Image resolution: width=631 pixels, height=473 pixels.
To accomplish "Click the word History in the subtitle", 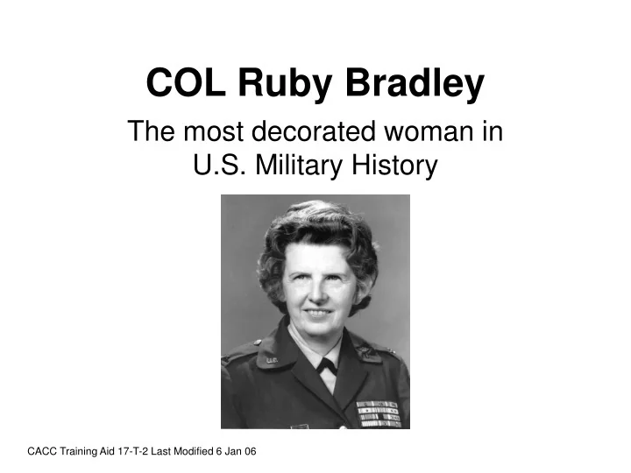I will click(393, 164).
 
